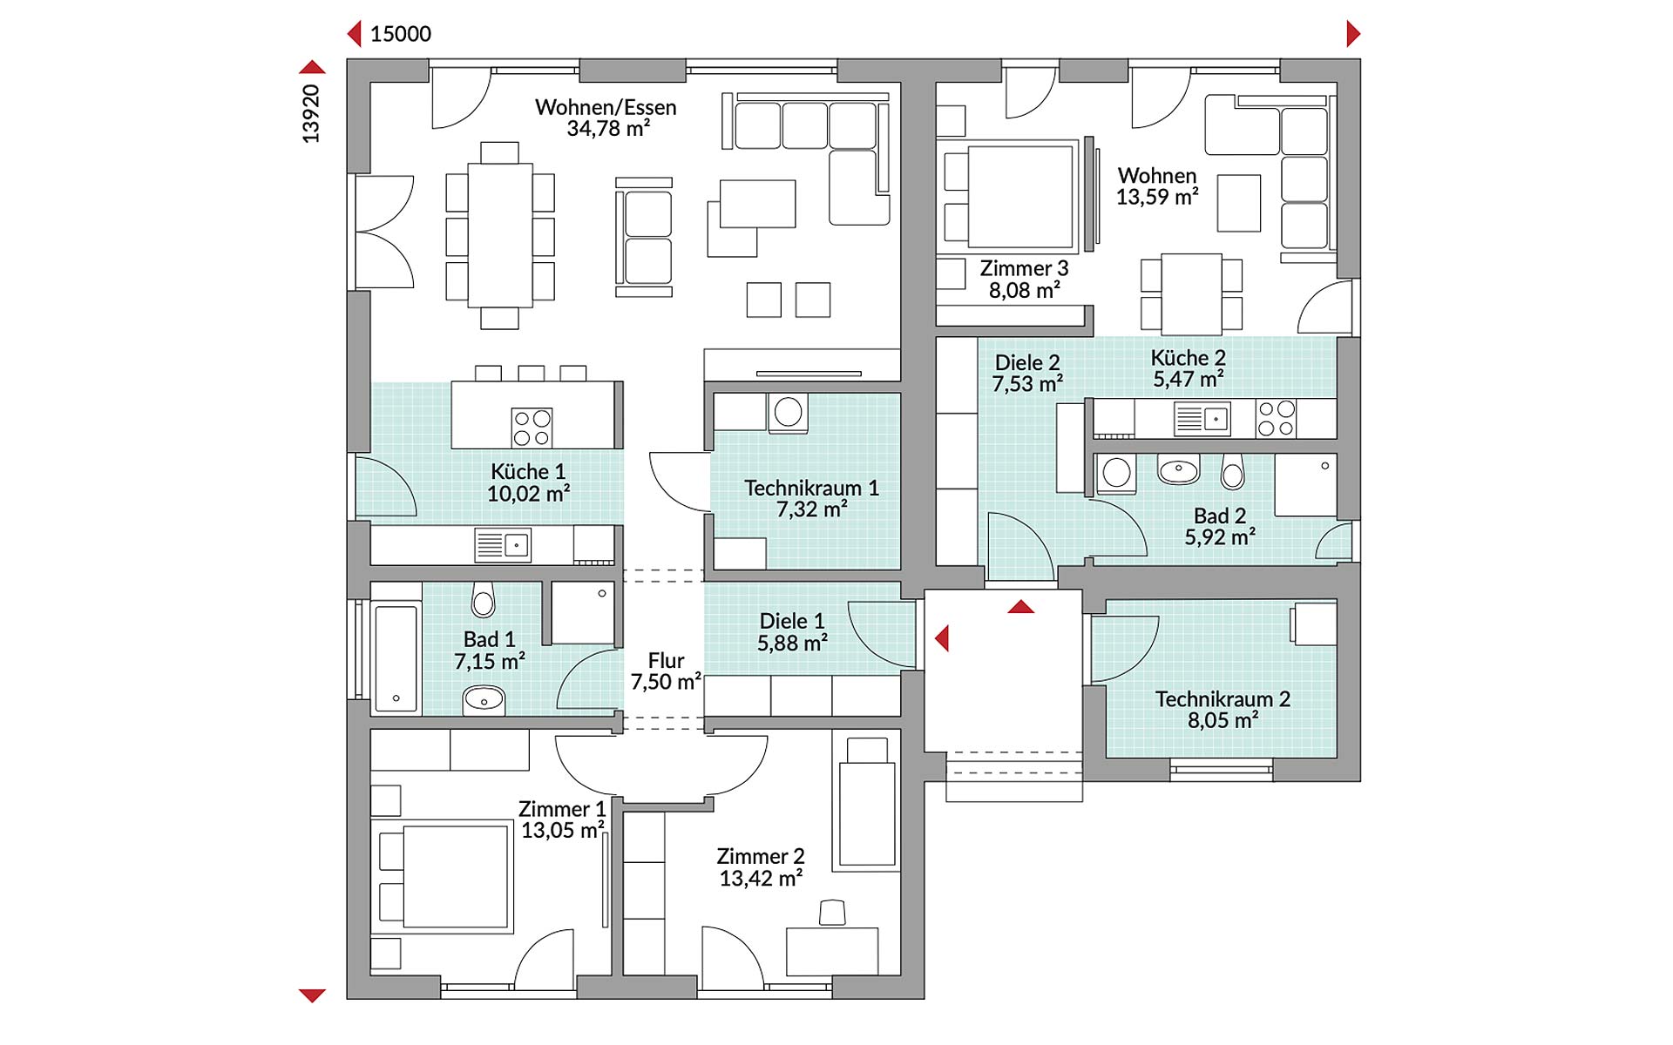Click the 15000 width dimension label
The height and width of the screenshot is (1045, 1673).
(x=400, y=34)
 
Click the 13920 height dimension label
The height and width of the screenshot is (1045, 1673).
(x=311, y=114)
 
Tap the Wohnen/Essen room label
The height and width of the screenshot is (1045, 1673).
(x=606, y=107)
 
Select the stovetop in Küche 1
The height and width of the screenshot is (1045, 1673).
(x=532, y=428)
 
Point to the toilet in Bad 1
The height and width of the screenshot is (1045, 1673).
(x=483, y=599)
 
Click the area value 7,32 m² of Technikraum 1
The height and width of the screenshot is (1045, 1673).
(x=811, y=509)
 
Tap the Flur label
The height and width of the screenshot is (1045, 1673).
(x=666, y=660)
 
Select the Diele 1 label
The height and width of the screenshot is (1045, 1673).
(x=791, y=621)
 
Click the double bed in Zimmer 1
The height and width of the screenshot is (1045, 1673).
(x=445, y=876)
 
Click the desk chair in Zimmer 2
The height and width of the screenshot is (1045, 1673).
(x=832, y=913)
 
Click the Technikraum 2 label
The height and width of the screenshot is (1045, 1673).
(x=1223, y=699)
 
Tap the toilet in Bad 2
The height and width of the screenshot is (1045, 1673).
(x=1232, y=472)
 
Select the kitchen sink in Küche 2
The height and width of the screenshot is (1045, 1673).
(x=1202, y=419)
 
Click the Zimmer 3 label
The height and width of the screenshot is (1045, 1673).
(x=1024, y=268)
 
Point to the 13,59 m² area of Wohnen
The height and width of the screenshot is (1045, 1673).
(x=1156, y=198)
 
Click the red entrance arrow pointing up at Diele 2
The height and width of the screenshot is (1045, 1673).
(x=1021, y=607)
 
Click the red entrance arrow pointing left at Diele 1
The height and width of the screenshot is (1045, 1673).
(x=941, y=638)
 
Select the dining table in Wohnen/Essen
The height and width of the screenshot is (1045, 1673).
(x=500, y=235)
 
